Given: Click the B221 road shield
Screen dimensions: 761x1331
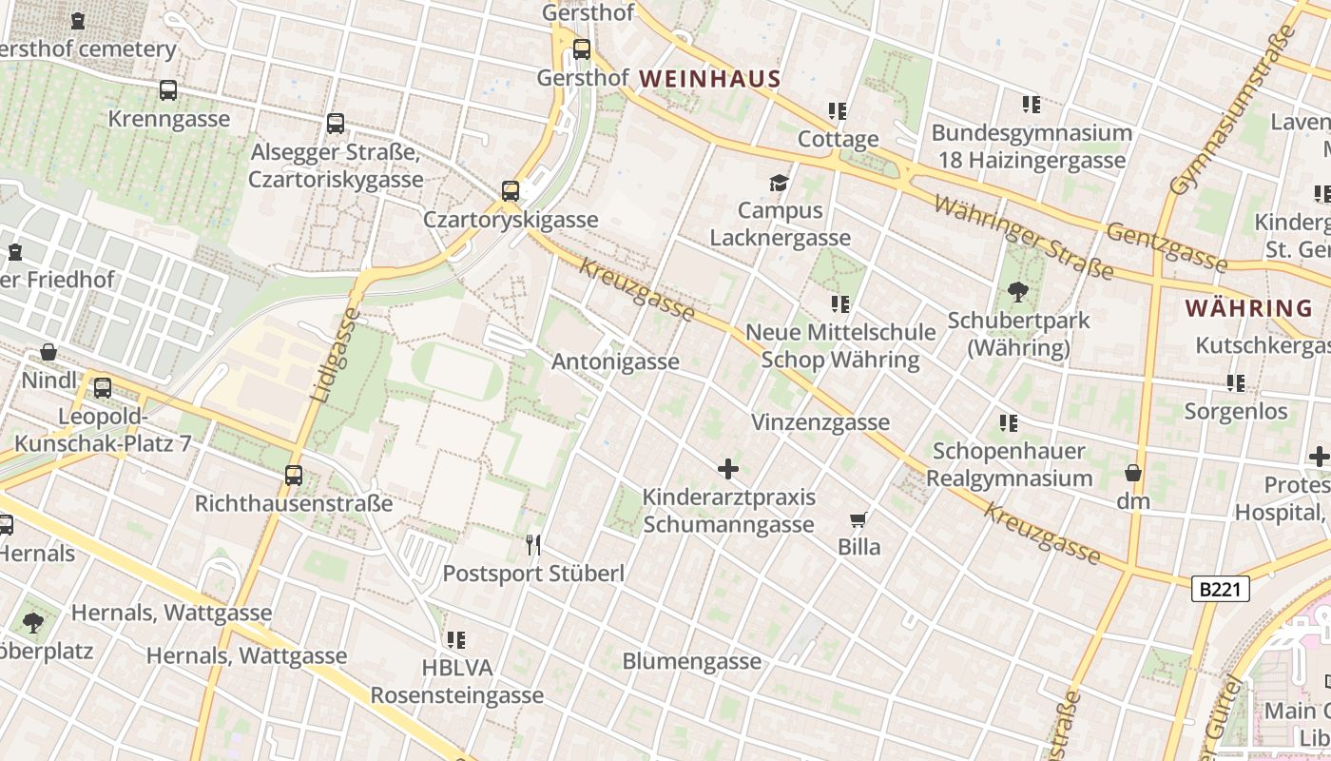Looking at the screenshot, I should pyautogui.click(x=1220, y=590).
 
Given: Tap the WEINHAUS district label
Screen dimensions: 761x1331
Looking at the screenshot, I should pyautogui.click(x=710, y=79).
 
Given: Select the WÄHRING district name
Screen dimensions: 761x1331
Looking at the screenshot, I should pyautogui.click(x=1249, y=308).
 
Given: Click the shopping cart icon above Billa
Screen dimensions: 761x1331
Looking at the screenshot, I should pyautogui.click(x=858, y=519).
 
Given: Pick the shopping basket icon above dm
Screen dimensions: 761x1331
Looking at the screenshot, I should pyautogui.click(x=1132, y=473).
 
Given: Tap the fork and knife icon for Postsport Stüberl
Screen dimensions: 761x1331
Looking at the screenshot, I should pyautogui.click(x=533, y=545).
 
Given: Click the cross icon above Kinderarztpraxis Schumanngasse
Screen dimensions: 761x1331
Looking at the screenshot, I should pyautogui.click(x=728, y=469).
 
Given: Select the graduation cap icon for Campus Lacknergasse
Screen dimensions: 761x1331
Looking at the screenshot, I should pyautogui.click(x=780, y=183).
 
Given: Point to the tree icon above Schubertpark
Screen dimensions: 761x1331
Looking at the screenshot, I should pyautogui.click(x=1017, y=292).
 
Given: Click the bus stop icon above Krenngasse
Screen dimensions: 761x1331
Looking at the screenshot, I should pyautogui.click(x=168, y=90).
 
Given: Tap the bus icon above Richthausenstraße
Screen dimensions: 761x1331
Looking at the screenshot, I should pyautogui.click(x=294, y=476).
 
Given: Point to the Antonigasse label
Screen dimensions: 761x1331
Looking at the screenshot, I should pyautogui.click(x=615, y=361).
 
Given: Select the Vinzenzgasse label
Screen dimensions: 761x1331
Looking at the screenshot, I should pyautogui.click(x=820, y=422).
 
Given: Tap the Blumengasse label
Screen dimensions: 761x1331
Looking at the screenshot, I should pyautogui.click(x=691, y=661).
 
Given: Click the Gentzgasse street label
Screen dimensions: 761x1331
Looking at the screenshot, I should pyautogui.click(x=1167, y=244).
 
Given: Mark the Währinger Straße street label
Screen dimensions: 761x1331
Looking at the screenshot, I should pyautogui.click(x=1023, y=237).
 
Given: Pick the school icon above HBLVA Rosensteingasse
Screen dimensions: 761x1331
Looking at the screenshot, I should pyautogui.click(x=456, y=640).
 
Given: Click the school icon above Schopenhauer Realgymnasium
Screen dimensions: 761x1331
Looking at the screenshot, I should pyautogui.click(x=1009, y=422).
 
